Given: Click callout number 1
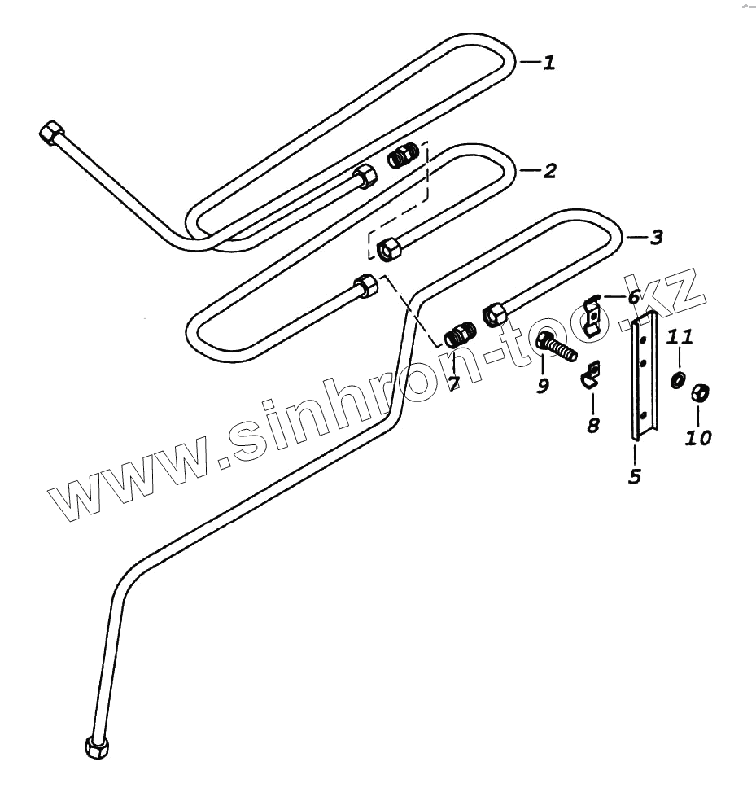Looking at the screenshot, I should [550, 62].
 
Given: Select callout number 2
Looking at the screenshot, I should [550, 171].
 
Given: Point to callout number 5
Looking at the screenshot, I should [635, 476].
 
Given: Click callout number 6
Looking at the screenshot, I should [634, 296].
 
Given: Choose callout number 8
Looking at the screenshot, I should [593, 424].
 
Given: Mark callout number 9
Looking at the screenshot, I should [543, 385].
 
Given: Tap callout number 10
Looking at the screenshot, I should [697, 438].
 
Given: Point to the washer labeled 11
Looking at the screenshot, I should [677, 380].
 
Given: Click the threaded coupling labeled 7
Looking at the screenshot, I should [461, 334].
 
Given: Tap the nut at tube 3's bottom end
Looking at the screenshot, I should [96, 746].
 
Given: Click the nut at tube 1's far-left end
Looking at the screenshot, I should [52, 133].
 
